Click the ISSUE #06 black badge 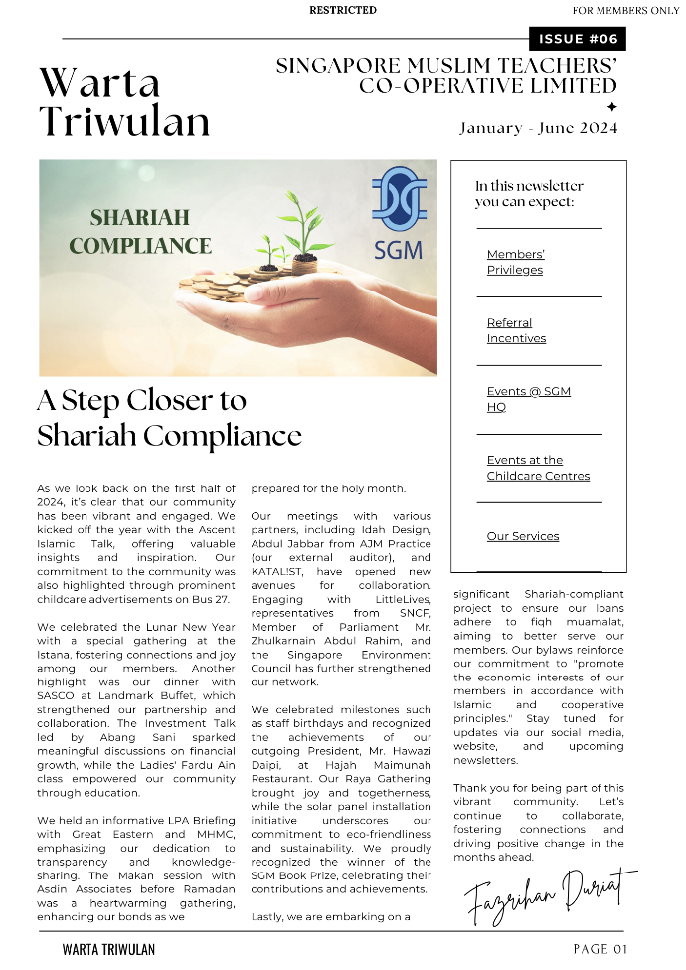point(578,39)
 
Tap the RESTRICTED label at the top point(343,10)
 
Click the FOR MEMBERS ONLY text point(625,10)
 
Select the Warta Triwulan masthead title point(124,102)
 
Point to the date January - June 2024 point(538,128)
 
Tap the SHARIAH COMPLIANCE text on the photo point(140,231)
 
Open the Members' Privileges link point(515,262)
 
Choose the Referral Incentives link point(516,330)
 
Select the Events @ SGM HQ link point(528,399)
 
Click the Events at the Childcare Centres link point(538,468)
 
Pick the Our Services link point(523,536)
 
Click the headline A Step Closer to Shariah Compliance point(169,418)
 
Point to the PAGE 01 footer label point(600,949)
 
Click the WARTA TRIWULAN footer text point(108,949)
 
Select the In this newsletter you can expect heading point(529,194)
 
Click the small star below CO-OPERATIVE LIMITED point(611,106)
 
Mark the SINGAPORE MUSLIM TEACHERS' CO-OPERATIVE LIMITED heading point(446,76)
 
